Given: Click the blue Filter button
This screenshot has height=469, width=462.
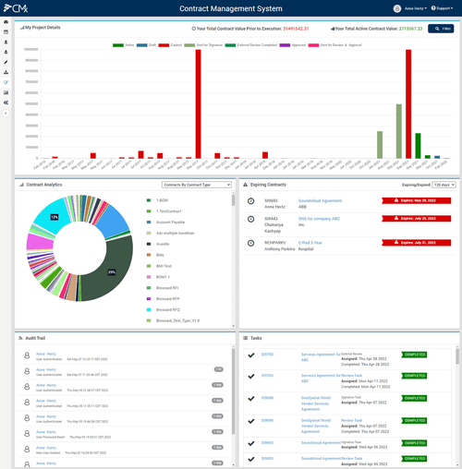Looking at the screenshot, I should point(441,29).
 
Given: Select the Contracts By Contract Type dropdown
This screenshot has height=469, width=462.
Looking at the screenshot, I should point(196,185).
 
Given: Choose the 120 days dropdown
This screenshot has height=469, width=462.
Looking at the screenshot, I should point(444,185).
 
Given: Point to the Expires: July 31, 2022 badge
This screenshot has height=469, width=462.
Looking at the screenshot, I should point(416,243).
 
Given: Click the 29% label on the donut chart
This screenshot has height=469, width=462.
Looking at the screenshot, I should point(111,272).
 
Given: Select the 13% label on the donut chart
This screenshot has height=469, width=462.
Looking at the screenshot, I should point(55,217).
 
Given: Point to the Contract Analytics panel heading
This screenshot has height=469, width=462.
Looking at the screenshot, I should point(43,185).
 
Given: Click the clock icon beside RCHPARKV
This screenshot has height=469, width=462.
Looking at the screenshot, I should point(250,243).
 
